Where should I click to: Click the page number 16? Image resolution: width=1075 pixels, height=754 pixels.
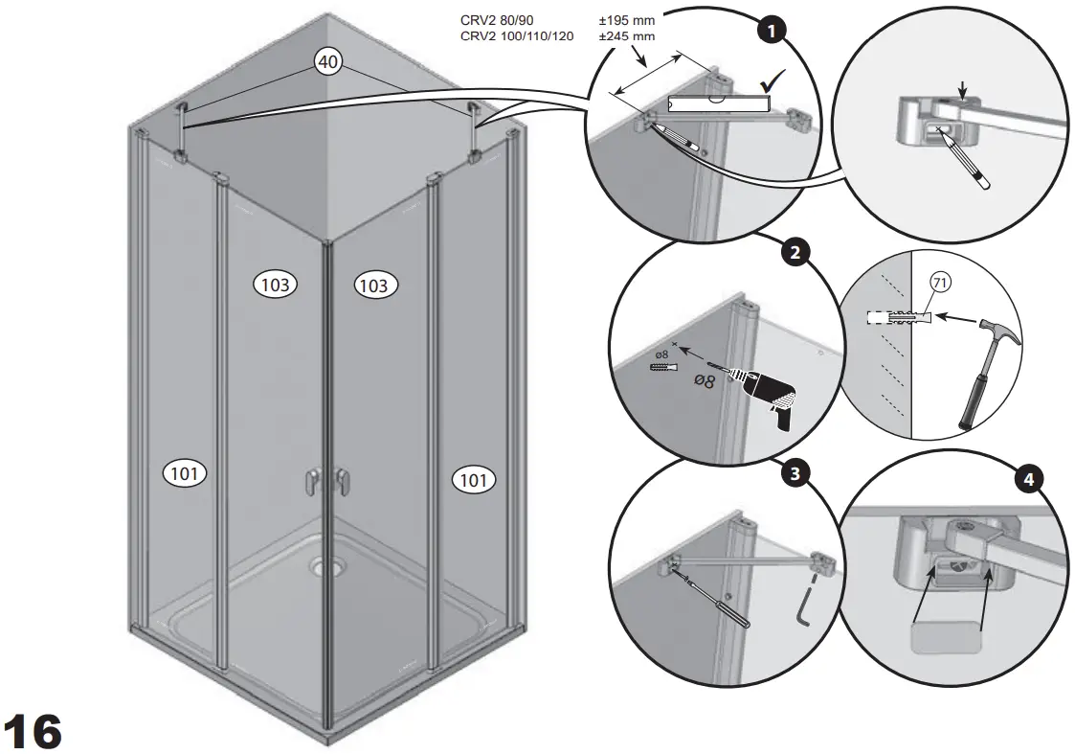click(34, 731)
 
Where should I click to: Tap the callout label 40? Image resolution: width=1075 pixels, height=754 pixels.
click(327, 61)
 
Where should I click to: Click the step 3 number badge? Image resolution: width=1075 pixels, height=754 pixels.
click(793, 472)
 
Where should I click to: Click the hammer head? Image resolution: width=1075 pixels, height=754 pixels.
click(1002, 335)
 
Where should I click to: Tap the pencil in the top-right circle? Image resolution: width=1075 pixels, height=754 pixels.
click(970, 161)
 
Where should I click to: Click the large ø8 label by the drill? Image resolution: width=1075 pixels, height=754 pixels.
click(704, 380)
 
